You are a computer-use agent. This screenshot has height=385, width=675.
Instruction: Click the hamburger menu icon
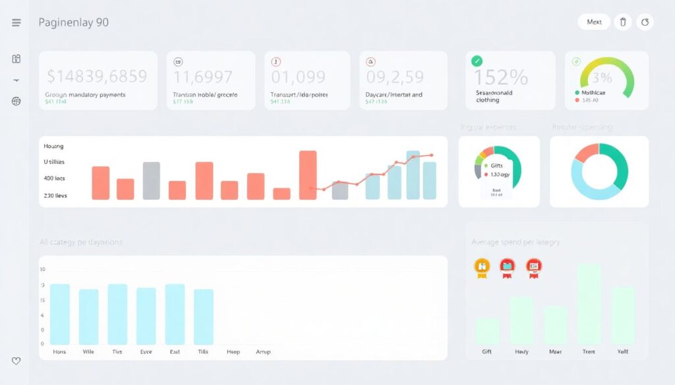16,22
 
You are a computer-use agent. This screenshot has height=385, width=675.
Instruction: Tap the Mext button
594,22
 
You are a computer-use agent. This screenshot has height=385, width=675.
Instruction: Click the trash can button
623,22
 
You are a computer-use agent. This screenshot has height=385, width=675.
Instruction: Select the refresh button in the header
645,22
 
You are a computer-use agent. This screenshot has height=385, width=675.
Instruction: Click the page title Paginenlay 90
73,22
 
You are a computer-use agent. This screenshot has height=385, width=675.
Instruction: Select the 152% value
501,78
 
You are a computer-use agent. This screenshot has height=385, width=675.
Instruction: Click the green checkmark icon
477,61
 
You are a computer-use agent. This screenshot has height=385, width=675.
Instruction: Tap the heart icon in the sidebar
16,361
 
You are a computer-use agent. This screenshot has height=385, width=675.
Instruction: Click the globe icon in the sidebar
16,101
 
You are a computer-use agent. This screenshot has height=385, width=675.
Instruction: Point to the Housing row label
53,146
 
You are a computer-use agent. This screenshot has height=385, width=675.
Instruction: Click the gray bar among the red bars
152,180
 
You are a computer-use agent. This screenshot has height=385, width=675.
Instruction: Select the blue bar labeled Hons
60,314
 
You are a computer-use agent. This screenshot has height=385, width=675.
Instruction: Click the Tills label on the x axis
203,352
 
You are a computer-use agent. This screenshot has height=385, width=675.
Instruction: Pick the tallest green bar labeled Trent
589,304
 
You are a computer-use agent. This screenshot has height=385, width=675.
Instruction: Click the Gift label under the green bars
486,352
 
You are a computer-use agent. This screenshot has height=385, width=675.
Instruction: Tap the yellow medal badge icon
482,267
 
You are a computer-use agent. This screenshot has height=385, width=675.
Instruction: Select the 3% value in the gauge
602,78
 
